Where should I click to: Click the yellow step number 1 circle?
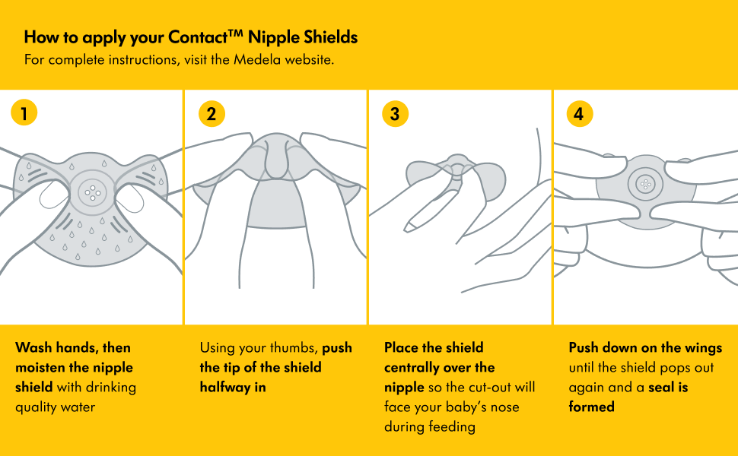point(24,112)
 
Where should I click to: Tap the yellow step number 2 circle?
point(212,114)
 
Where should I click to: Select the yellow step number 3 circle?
point(395,114)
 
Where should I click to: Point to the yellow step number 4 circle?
point(580,114)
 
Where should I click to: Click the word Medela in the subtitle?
point(257,60)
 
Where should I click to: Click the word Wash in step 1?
point(33,347)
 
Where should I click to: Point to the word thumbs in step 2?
point(297,348)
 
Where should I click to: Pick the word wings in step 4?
point(703,348)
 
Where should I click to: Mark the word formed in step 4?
point(592,407)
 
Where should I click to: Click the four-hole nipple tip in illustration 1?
point(92,192)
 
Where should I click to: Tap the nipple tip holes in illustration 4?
point(646,184)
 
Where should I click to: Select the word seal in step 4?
point(661,388)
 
